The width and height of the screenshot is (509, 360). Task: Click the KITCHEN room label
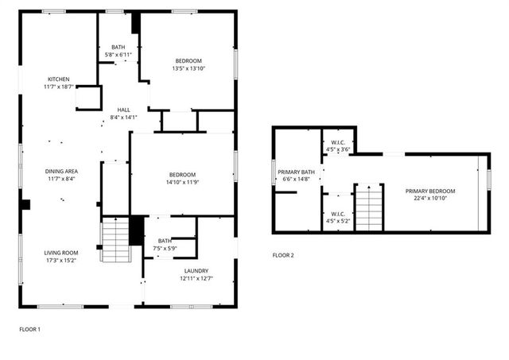pos(59,79)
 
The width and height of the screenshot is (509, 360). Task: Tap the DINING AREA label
pos(60,171)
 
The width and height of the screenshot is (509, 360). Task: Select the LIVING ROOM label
pos(61,252)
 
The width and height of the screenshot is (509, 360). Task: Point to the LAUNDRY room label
pos(188,270)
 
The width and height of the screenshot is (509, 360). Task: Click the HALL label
pos(123,110)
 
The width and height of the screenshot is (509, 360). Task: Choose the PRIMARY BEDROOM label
pos(429,191)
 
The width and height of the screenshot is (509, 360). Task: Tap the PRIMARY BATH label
pos(296,172)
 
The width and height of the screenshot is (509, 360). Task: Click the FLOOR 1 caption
pos(29,328)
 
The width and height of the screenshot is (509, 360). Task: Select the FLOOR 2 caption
pos(283,255)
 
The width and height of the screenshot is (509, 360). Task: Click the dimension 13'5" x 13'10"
pos(188,68)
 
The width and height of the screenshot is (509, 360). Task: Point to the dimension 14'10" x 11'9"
pos(181,182)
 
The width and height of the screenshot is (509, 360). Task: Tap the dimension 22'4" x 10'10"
pos(429,199)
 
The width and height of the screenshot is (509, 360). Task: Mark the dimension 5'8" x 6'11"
pos(119,54)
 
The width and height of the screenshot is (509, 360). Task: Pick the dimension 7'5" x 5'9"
pos(165,248)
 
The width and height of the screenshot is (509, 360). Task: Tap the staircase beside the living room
pos(115,238)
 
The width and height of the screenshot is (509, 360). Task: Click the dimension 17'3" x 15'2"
pos(61,260)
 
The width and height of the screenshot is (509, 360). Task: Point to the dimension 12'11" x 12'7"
pos(188,278)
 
